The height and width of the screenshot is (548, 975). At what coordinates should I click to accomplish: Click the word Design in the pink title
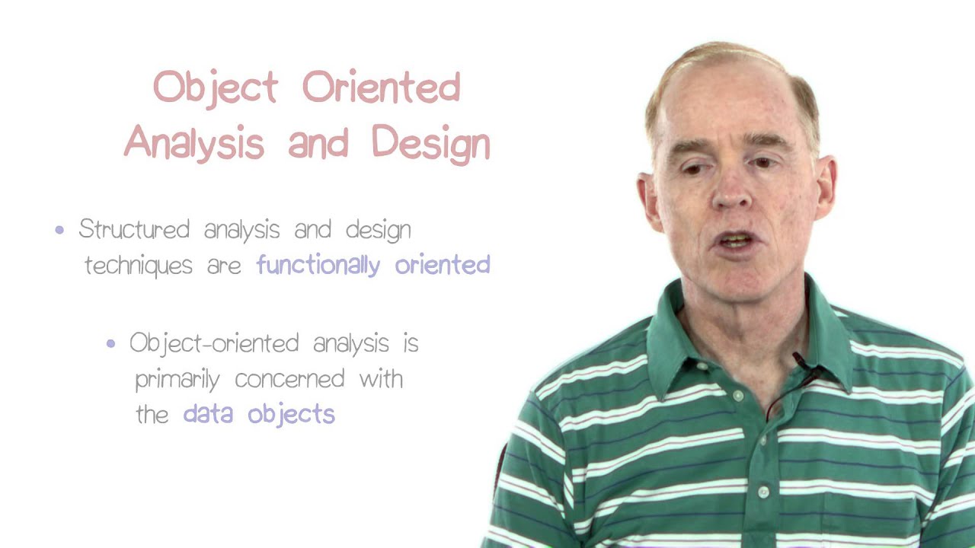(430, 143)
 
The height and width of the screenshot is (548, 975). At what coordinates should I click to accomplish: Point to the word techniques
(138, 265)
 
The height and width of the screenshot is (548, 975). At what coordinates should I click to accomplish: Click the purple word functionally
(318, 266)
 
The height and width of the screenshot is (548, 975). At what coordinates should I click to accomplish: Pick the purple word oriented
(442, 265)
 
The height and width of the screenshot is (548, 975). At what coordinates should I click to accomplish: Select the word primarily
(177, 379)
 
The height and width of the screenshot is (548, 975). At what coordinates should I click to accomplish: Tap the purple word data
(209, 414)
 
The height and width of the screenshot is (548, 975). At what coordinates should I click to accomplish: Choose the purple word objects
(291, 416)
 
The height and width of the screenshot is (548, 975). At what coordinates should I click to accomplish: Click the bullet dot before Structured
(60, 230)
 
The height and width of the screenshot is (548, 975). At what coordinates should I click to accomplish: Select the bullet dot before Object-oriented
(111, 344)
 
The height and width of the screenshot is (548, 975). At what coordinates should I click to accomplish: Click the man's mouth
(736, 241)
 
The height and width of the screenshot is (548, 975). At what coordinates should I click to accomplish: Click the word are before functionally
(224, 266)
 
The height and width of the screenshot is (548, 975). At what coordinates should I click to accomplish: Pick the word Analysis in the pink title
(194, 143)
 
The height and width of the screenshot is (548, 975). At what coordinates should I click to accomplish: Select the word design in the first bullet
(378, 230)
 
